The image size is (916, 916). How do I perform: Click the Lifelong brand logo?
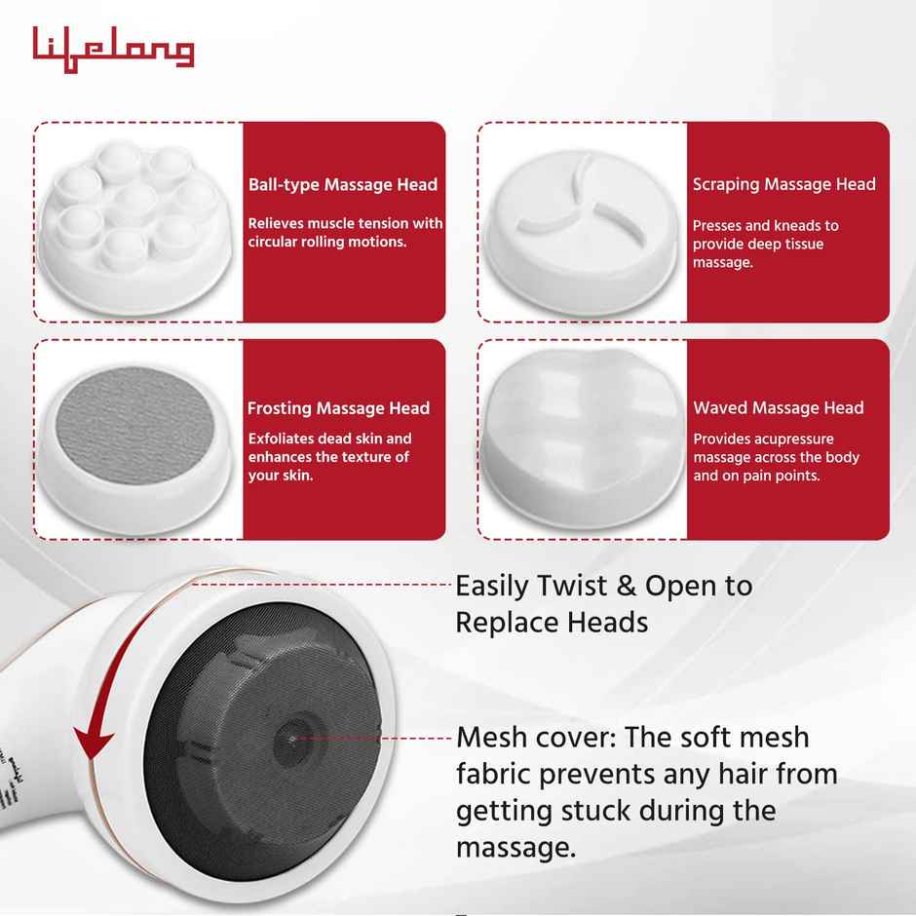(x=113, y=47)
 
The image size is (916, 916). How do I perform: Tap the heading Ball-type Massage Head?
(x=342, y=184)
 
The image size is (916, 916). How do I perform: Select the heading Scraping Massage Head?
(x=783, y=184)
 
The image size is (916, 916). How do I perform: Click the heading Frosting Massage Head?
(x=338, y=408)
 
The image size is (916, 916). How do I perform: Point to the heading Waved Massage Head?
(x=778, y=408)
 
